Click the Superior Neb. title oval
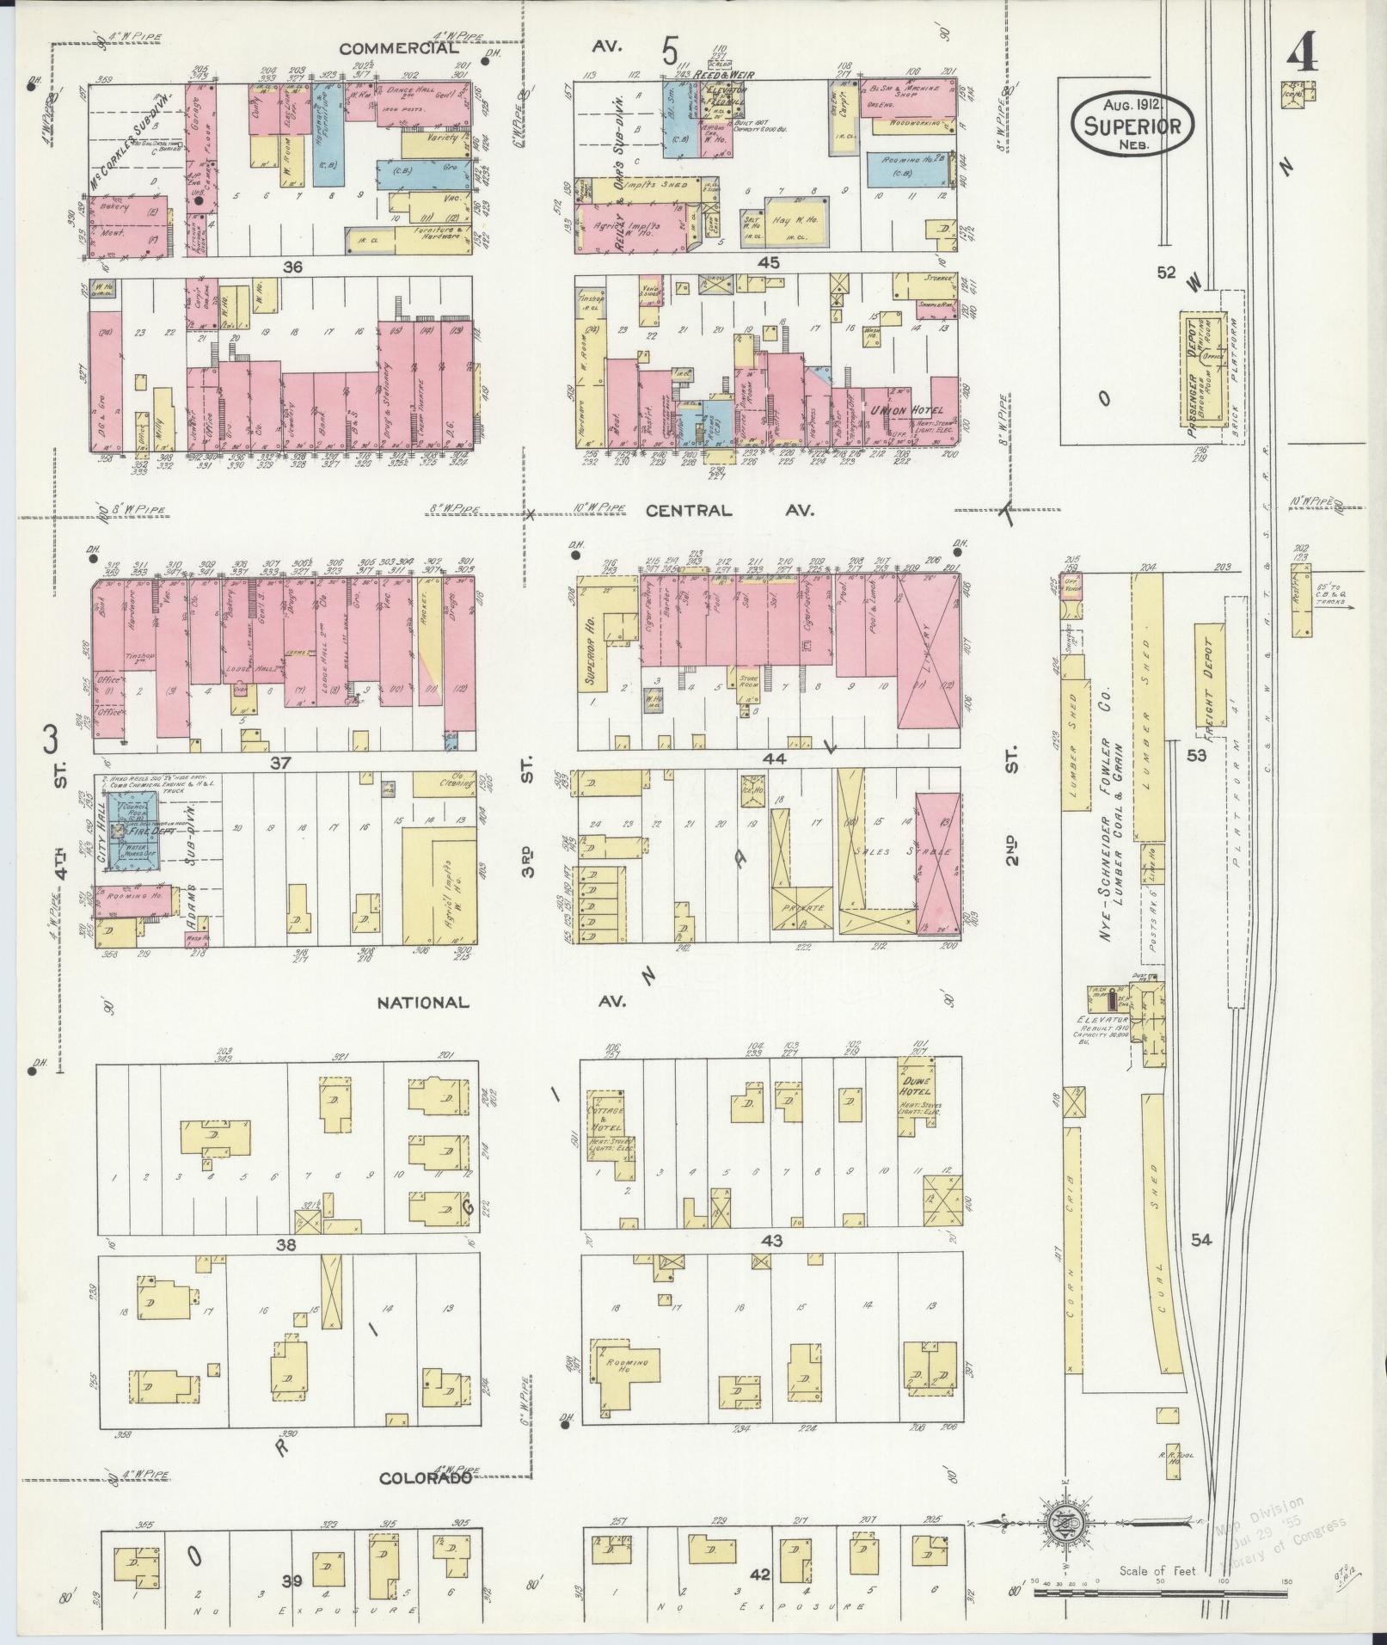pos(1132,126)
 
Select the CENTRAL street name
pos(689,511)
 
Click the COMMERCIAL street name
pos(398,48)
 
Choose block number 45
pos(769,263)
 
